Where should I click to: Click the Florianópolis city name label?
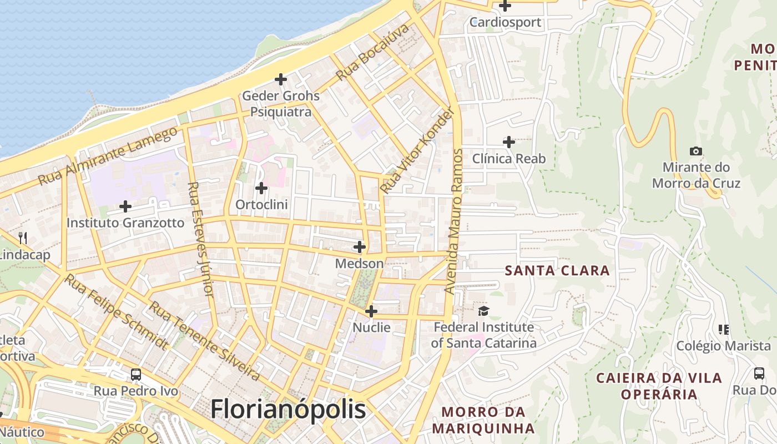click(x=288, y=410)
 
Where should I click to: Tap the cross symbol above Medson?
click(x=360, y=246)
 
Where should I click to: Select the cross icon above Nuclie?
click(x=371, y=311)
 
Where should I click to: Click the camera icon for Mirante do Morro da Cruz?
click(x=695, y=151)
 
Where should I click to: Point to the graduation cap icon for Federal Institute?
click(x=484, y=311)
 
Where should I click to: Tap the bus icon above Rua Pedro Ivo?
click(x=136, y=374)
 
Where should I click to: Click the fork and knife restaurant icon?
click(x=23, y=238)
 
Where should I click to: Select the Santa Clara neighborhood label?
click(x=557, y=271)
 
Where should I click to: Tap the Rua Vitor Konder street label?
click(x=417, y=151)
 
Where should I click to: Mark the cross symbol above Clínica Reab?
click(x=508, y=142)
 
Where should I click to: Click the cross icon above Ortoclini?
click(x=261, y=188)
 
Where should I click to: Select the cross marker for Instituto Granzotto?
click(x=125, y=206)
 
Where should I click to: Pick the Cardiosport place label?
click(x=505, y=22)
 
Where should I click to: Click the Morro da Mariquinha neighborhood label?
click(x=483, y=420)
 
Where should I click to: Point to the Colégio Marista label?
click(x=723, y=346)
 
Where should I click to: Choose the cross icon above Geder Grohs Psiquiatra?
click(x=281, y=79)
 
